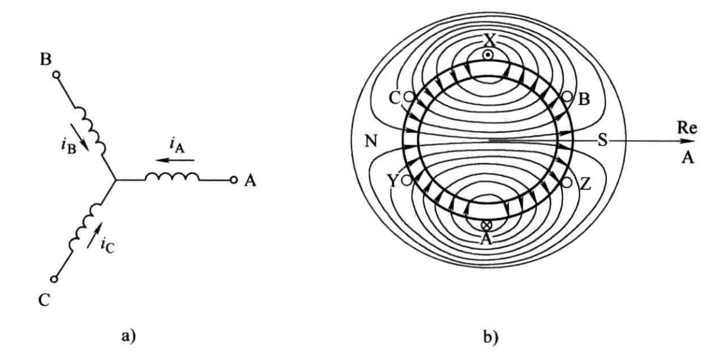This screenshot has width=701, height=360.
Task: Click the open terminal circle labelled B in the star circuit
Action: (x=56, y=75)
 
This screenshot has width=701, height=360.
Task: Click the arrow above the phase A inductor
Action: (x=176, y=160)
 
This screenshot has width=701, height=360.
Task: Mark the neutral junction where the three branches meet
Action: (x=113, y=180)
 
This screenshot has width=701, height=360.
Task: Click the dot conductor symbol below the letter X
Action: (x=487, y=54)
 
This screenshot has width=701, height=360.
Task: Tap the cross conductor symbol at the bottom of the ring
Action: (x=487, y=225)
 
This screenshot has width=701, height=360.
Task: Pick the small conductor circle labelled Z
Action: (x=567, y=182)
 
